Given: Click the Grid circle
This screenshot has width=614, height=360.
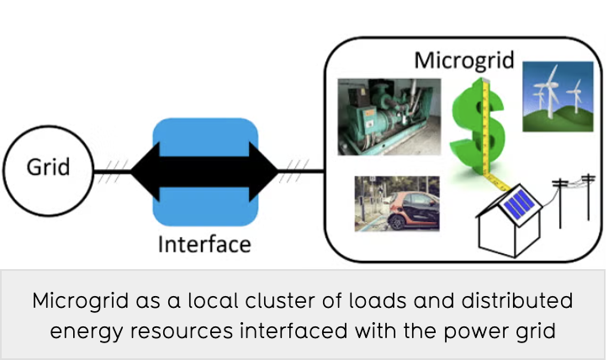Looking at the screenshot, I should coord(48,167).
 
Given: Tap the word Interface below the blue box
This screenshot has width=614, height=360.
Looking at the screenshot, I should coord(205,245).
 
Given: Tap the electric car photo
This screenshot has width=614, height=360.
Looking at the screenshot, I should coord(396,203).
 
